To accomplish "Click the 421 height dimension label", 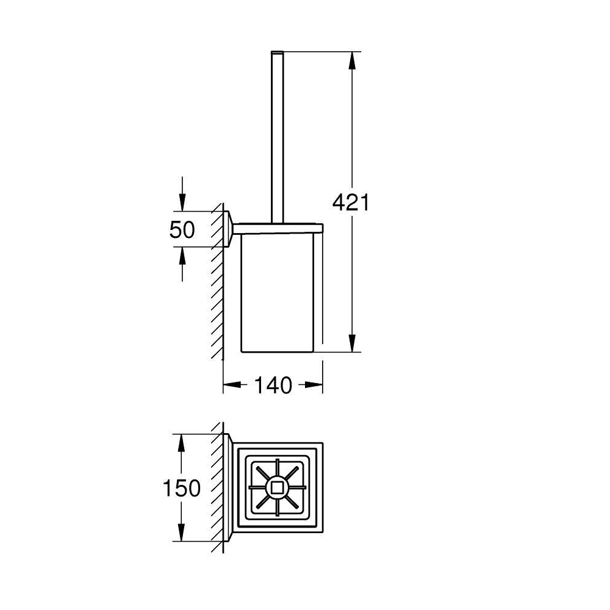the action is point(351,203).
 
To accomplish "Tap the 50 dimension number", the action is point(182,229).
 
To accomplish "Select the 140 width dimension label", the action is point(273,385).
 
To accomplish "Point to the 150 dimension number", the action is point(181,488).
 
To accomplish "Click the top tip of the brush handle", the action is point(277,51).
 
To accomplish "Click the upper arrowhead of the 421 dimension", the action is point(352,60).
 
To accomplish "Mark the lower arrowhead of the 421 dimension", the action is point(352,343).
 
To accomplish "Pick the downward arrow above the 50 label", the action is point(182,194).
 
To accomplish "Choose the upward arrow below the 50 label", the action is point(182,264).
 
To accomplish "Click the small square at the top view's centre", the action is point(277,488).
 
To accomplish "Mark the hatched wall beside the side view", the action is point(217,281).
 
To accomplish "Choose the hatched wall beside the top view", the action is point(217,487).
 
